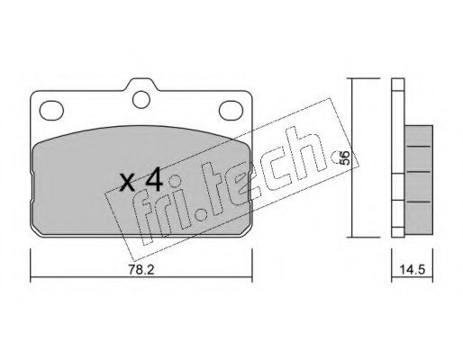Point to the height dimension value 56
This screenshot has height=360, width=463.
click(x=345, y=158)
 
